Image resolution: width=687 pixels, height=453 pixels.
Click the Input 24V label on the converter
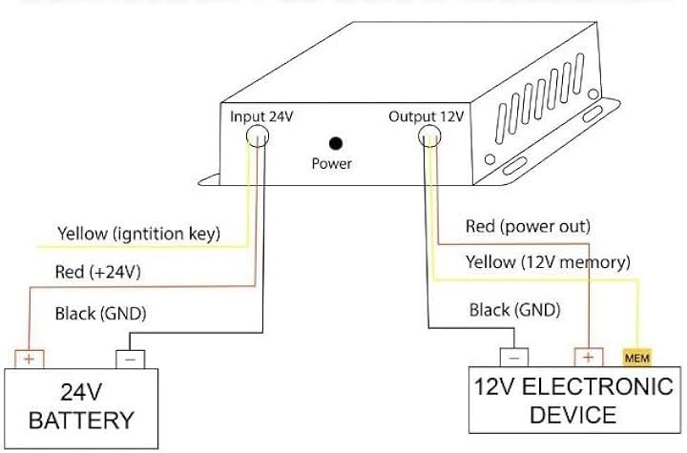pyautogui.click(x=262, y=117)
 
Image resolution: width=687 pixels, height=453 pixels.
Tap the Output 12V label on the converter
pyautogui.click(x=426, y=117)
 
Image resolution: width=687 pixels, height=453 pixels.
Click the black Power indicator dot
pyautogui.click(x=335, y=144)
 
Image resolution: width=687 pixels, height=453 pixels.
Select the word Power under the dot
pyautogui.click(x=331, y=163)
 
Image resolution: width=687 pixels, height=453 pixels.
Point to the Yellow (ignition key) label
pyautogui.click(x=139, y=233)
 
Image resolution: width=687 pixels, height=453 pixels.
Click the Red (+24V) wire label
pyautogui.click(x=98, y=272)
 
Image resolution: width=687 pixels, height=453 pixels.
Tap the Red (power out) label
pyautogui.click(x=528, y=227)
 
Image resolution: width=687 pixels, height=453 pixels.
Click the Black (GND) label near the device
pyautogui.click(x=514, y=310)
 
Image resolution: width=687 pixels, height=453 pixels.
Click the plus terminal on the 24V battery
pyautogui.click(x=30, y=360)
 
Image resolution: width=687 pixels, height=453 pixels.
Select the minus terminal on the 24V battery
pyautogui.click(x=130, y=360)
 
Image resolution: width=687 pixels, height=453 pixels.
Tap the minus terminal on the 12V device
pyautogui.click(x=513, y=358)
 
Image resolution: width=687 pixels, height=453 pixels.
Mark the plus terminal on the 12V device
pyautogui.click(x=588, y=358)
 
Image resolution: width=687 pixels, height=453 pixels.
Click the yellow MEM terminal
pyautogui.click(x=636, y=359)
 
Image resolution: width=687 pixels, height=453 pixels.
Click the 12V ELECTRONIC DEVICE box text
pyautogui.click(x=571, y=402)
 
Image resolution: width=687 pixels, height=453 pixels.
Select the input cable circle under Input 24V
pyautogui.click(x=259, y=137)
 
